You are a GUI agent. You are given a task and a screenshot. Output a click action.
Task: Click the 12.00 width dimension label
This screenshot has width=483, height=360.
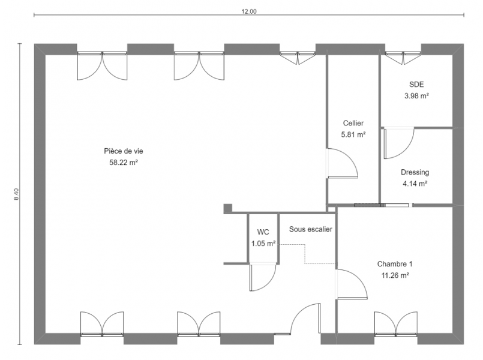point(249,12)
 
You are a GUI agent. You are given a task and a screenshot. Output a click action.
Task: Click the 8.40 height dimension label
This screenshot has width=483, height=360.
point(17,194)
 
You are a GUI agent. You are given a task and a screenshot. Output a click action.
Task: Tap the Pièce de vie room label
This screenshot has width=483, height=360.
point(124,151)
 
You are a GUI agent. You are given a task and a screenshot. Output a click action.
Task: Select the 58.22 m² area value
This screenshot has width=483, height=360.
point(124,163)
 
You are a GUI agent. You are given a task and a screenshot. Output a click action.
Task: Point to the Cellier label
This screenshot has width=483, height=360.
point(353,123)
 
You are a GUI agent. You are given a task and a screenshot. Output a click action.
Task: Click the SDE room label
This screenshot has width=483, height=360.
point(416,85)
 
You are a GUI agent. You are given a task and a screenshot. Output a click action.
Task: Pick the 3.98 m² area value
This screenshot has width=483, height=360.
point(417,96)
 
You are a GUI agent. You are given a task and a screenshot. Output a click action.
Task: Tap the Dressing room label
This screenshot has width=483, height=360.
point(415,172)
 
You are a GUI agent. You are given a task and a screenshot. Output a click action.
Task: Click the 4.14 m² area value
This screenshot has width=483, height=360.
point(415,184)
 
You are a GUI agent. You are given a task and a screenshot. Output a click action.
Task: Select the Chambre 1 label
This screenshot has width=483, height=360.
point(395,264)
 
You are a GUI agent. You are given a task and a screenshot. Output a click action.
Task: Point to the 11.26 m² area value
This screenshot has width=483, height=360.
point(395,275)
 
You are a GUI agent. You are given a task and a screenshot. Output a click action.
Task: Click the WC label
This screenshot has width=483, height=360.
point(263,232)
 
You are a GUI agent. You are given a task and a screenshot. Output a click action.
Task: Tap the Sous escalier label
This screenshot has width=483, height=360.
point(311,229)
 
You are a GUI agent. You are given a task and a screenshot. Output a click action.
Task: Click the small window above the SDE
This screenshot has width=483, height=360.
point(403,58)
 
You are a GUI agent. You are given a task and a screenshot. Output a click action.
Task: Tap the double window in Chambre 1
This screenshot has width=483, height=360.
point(396,324)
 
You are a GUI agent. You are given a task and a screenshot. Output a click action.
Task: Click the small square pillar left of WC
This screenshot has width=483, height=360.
point(227,208)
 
